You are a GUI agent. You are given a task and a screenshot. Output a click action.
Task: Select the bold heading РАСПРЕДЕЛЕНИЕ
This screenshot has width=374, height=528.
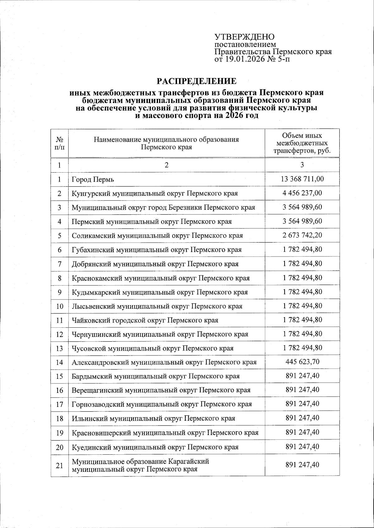point(196,81)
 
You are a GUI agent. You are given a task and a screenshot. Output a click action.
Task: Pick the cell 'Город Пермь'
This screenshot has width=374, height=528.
point(93,180)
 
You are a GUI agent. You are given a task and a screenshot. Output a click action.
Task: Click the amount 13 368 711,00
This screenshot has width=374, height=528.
point(302,179)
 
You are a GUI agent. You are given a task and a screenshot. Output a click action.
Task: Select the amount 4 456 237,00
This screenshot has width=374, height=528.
point(302,193)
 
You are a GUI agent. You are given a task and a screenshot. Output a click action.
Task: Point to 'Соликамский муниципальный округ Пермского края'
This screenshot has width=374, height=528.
point(157,236)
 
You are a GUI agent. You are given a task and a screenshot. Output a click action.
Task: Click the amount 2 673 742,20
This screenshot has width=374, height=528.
point(302,235)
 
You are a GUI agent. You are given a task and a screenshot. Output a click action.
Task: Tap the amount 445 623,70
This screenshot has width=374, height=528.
point(302,362)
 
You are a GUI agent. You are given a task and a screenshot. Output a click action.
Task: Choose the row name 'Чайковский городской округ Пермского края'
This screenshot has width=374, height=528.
point(145,320)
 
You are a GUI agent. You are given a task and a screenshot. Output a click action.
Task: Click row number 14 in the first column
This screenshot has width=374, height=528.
point(60,363)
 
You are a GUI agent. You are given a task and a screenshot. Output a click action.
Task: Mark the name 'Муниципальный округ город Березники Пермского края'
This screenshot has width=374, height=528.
point(163,208)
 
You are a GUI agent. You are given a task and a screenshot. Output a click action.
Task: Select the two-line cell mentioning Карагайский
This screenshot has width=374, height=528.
point(140,465)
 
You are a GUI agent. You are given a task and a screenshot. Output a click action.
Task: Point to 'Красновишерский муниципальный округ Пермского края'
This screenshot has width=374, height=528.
point(165,433)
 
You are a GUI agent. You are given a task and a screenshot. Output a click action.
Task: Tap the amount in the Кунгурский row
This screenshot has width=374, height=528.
point(302,193)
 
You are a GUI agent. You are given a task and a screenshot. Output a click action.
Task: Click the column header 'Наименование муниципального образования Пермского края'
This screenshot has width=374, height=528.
point(166,143)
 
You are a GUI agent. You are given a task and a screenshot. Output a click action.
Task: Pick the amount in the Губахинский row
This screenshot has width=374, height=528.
point(302,249)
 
